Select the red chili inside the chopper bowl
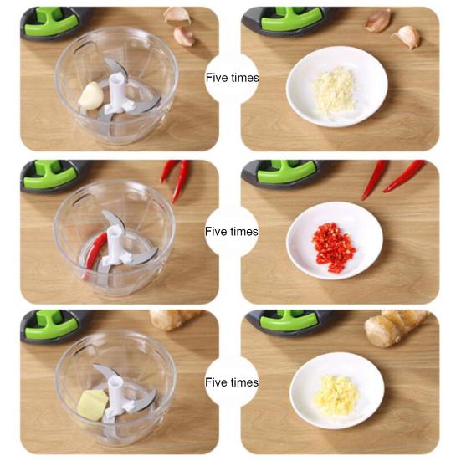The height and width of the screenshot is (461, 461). [95, 252]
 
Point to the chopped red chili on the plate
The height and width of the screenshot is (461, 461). [334, 246]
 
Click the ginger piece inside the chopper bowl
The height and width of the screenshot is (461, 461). [93, 406]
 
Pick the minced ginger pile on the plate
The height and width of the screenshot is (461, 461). [336, 391]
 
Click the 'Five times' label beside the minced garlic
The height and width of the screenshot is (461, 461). [232, 78]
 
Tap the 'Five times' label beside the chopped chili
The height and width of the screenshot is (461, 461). [232, 231]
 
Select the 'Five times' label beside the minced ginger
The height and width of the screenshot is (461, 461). [232, 382]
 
